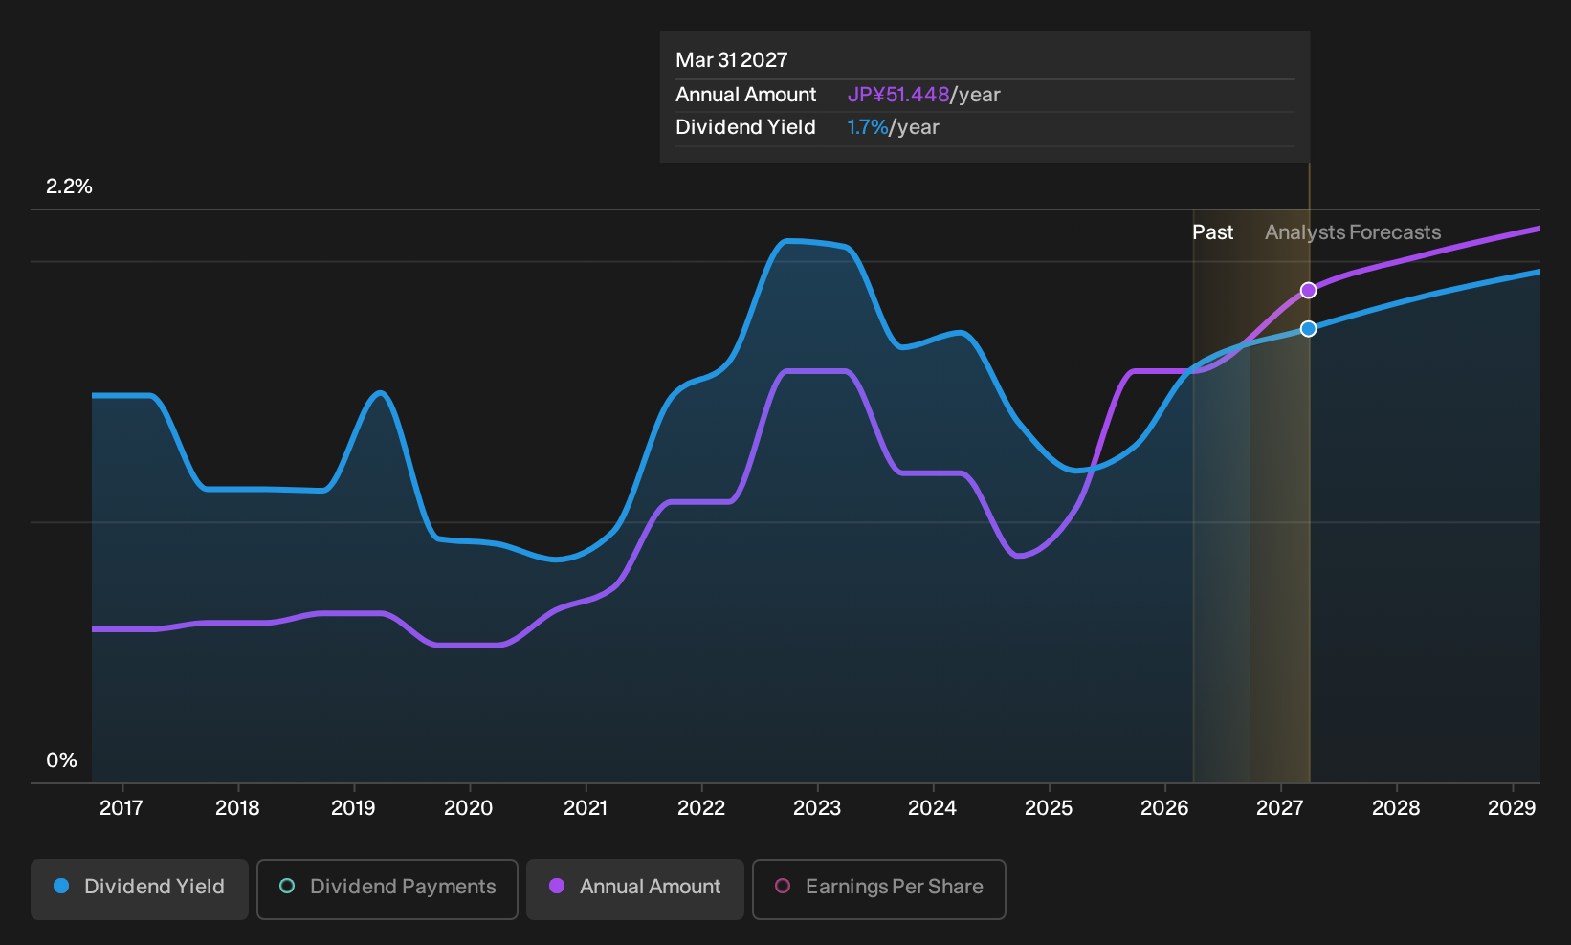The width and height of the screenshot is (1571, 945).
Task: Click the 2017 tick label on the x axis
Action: click(122, 807)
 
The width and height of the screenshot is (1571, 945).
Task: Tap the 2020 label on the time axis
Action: click(469, 807)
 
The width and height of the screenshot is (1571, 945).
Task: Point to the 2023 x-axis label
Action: click(817, 807)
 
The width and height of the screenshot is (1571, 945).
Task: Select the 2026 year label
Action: click(1164, 807)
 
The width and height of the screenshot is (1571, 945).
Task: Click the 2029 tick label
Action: click(1512, 807)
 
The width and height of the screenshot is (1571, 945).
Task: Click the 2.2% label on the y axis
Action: click(69, 187)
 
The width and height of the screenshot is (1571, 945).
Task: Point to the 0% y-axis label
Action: click(62, 760)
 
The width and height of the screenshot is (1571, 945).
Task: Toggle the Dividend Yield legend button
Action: click(140, 889)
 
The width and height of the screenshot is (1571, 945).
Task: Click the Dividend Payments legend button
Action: click(387, 889)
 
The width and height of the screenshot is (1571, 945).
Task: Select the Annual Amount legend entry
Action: click(634, 889)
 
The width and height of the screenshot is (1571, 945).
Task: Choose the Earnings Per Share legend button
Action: click(878, 889)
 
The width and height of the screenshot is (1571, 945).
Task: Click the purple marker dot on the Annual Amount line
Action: click(1308, 290)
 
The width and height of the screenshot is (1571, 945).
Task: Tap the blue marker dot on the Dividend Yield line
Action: click(1308, 329)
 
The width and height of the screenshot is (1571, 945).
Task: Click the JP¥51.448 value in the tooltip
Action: click(897, 95)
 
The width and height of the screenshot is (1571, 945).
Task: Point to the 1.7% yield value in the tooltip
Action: click(868, 127)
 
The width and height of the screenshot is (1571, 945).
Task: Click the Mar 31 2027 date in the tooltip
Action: click(732, 60)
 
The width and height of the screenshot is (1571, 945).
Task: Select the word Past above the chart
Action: click(1212, 232)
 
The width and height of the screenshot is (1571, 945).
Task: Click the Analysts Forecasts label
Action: click(1353, 232)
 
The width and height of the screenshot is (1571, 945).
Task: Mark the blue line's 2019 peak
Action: click(380, 392)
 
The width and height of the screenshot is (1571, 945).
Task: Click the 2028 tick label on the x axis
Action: click(1396, 807)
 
